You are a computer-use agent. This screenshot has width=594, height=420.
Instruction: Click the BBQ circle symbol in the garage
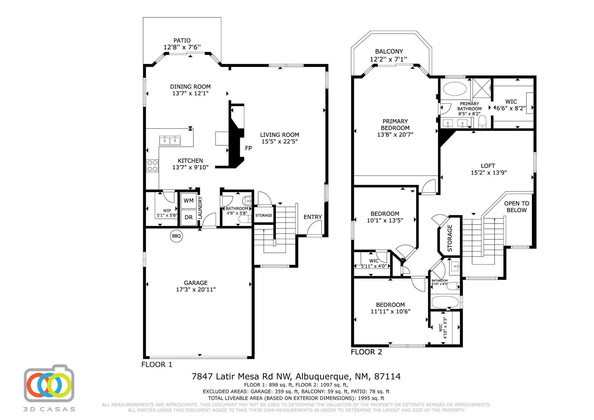[x=176, y=236]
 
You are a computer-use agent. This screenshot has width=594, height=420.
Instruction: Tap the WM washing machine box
[x=189, y=201]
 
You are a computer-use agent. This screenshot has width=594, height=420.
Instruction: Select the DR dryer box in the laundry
[x=189, y=217]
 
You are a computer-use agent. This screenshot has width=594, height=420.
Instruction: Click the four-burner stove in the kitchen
[x=152, y=166]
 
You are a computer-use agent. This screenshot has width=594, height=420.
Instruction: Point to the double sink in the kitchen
[x=170, y=140]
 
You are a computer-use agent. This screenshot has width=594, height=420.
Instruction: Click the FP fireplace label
[x=248, y=148]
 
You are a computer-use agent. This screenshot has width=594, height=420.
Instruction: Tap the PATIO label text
[x=182, y=41]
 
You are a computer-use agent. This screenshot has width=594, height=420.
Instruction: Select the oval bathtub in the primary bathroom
[x=454, y=89]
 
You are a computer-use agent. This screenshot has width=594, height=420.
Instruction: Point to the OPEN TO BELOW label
[x=517, y=207]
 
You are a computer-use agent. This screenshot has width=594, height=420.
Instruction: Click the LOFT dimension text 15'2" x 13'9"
[x=489, y=173]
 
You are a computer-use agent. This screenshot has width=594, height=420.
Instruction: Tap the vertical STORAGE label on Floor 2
[x=450, y=238]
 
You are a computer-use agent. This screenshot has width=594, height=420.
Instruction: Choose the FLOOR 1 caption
[x=157, y=365]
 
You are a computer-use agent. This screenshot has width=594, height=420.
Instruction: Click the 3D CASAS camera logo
[x=49, y=383]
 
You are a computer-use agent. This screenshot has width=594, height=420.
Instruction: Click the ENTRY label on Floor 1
[x=313, y=217]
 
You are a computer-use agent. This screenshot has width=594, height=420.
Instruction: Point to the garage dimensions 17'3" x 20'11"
[x=196, y=289]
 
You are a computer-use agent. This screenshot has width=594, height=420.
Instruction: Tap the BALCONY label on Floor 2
[x=389, y=52]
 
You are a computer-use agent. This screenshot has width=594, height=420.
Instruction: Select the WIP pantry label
[x=167, y=211]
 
